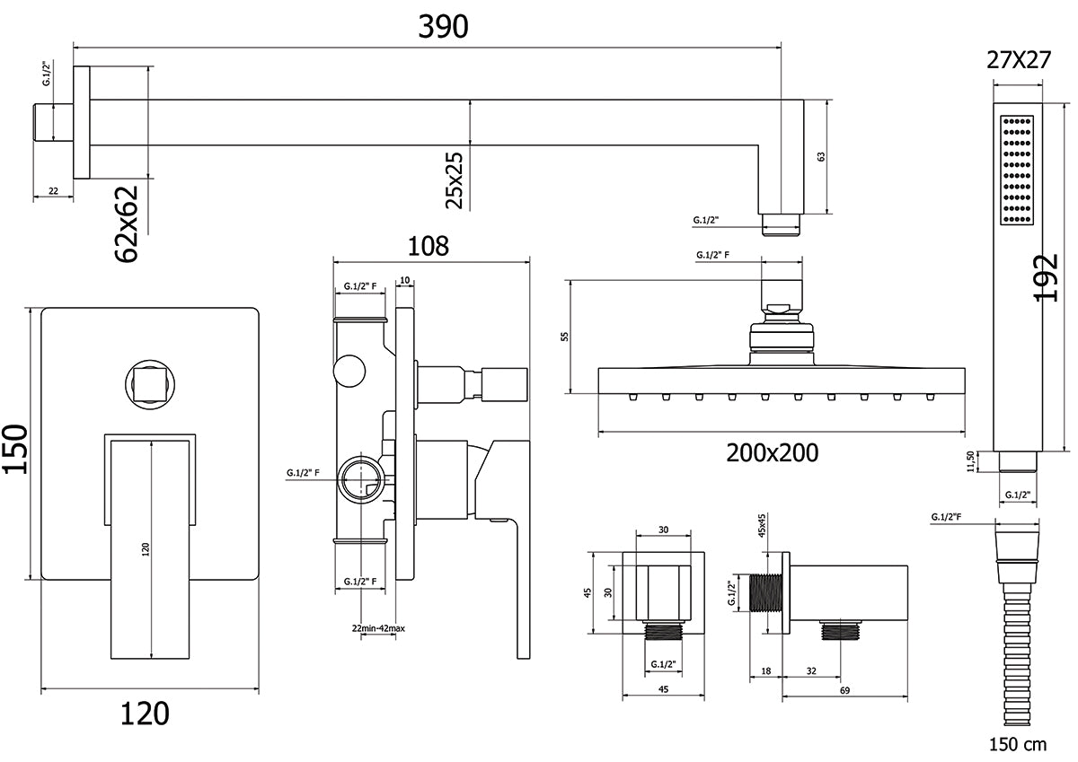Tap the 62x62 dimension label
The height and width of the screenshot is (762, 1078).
point(128,224)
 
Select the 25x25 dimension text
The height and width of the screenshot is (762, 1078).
point(455,180)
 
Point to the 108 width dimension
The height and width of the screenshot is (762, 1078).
point(429,246)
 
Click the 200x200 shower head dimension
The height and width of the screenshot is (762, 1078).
point(773,452)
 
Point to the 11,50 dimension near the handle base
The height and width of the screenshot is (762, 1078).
point(971,460)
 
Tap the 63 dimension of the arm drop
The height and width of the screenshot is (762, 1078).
point(820,157)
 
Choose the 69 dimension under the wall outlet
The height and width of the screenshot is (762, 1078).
point(844,690)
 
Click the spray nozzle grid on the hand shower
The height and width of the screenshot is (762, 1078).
point(1018,171)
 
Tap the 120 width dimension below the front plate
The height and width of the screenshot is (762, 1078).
point(145,714)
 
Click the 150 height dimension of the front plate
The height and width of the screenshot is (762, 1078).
point(16,448)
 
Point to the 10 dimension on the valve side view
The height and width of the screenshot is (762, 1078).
point(405,281)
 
